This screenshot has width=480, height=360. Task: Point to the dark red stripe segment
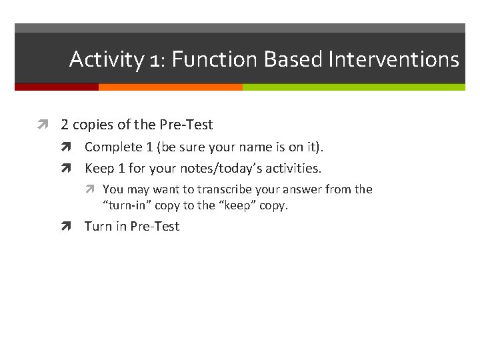pyautogui.click(x=57, y=87)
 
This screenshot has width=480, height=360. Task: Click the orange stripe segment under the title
pyautogui.click(x=170, y=87)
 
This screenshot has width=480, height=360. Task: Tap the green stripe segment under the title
pyautogui.click(x=353, y=87)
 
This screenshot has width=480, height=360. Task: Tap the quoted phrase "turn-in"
pyautogui.click(x=127, y=205)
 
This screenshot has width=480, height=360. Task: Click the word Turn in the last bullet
pyautogui.click(x=98, y=227)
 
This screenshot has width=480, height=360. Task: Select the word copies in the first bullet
pyautogui.click(x=93, y=125)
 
